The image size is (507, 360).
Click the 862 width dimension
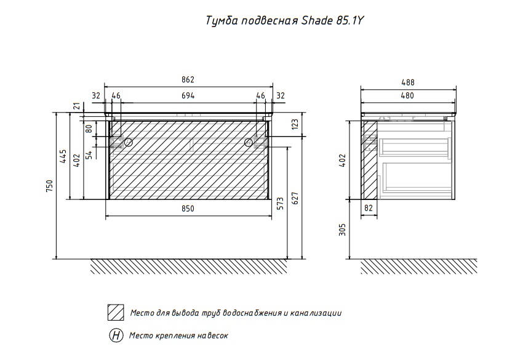click(x=188, y=79)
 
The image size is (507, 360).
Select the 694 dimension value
click(x=188, y=96)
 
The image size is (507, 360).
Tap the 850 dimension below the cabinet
click(x=188, y=209)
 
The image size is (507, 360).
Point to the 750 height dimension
click(x=49, y=186)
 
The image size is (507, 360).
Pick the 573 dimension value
click(x=281, y=203)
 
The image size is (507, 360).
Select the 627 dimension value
click(x=295, y=198)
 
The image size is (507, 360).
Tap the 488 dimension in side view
click(x=408, y=82)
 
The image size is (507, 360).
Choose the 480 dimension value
click(x=407, y=96)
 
